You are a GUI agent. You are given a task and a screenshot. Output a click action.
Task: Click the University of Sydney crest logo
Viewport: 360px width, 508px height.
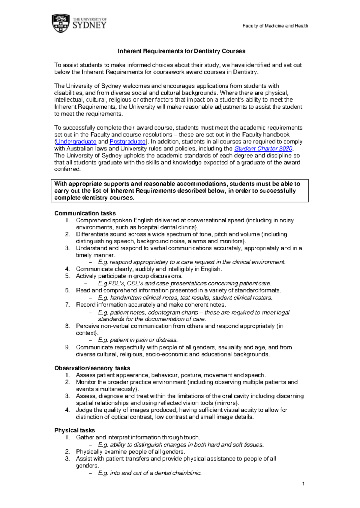point(61,23)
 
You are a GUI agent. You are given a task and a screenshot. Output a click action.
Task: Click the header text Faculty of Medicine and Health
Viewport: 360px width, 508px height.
point(275,26)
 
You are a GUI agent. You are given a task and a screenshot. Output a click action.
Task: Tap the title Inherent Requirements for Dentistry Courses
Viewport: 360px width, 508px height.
point(181,51)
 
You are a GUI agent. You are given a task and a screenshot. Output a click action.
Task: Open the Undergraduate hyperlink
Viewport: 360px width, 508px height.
point(76,142)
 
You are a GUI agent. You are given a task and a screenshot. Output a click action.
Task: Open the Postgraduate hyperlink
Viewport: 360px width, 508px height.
point(127,142)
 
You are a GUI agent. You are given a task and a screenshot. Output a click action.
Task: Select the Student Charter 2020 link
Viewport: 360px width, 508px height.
point(263,149)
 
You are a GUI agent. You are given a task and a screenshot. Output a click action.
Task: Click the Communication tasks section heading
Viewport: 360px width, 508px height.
point(85,213)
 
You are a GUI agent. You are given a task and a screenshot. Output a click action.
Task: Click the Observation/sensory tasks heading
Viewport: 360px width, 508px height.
point(92,368)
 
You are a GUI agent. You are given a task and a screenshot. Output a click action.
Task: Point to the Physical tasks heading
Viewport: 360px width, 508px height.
point(74,430)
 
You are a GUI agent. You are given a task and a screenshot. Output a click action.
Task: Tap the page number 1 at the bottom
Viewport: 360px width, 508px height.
point(304,484)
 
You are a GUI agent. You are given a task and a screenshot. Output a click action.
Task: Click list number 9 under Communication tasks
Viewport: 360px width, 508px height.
point(67,347)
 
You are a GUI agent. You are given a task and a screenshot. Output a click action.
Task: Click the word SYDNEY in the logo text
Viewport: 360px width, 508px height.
point(89,26)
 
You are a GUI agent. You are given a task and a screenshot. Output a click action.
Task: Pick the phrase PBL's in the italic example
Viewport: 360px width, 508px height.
point(116,284)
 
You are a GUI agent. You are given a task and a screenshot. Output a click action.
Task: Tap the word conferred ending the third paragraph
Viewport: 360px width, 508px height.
point(67,169)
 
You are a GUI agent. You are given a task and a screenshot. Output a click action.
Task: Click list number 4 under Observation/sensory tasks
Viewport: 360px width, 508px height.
point(67,410)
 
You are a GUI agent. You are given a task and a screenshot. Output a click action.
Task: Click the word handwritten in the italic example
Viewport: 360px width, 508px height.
point(125,298)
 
